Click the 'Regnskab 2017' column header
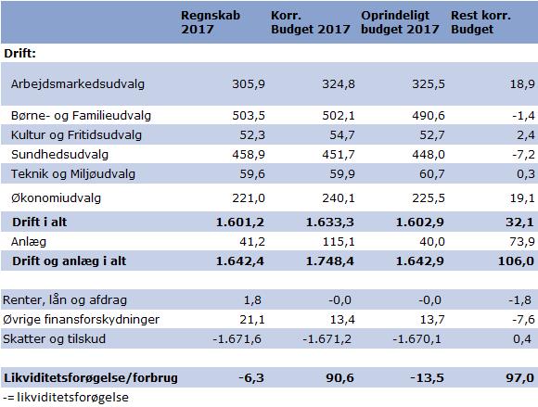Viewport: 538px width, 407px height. [x=211, y=22]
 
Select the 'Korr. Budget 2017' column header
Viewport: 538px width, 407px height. [x=310, y=22]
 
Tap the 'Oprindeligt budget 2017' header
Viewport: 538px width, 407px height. [x=400, y=22]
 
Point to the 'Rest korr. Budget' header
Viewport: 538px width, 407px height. [x=480, y=22]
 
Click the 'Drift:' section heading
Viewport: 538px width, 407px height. [x=19, y=54]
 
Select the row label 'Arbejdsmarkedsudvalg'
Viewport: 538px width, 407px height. [x=78, y=84]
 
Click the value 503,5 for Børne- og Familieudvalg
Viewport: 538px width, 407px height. [x=249, y=116]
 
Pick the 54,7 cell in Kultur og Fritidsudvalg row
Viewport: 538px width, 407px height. [x=342, y=135]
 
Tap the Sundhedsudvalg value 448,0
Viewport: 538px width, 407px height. [x=429, y=155]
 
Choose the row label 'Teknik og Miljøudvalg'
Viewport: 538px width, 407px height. [x=73, y=174]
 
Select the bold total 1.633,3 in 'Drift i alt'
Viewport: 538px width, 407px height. [x=329, y=223]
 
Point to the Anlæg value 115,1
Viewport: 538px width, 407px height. [x=339, y=242]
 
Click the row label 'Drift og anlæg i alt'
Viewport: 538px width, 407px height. [x=70, y=261]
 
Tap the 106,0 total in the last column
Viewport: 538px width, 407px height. [x=516, y=261]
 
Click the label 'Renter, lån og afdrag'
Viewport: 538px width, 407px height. [x=65, y=300]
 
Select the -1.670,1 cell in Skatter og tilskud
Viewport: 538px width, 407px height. [x=416, y=339]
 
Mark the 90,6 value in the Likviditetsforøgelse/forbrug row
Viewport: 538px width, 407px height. [x=339, y=378]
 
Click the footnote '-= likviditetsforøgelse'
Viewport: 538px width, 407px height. [x=66, y=398]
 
